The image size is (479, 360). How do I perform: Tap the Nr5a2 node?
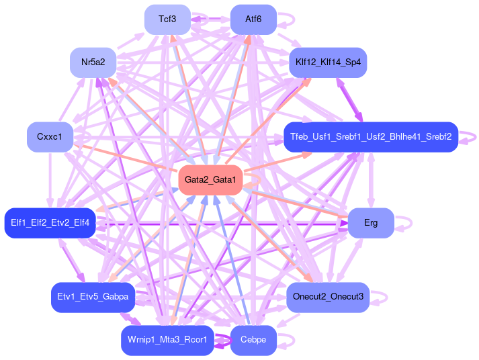93,62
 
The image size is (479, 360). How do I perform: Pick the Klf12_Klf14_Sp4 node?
328,62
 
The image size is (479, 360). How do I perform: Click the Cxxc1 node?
49,137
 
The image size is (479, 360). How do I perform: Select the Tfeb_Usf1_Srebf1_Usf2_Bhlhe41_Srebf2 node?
370,137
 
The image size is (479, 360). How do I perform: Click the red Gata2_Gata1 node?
210,180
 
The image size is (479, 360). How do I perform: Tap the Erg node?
370,223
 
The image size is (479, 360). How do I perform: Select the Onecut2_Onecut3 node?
328,296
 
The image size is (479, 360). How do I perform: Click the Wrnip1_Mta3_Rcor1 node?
167,340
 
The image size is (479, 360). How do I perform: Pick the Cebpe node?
253,340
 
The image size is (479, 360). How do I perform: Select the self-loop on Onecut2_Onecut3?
382,296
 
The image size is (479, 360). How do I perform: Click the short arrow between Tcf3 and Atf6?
210,19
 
